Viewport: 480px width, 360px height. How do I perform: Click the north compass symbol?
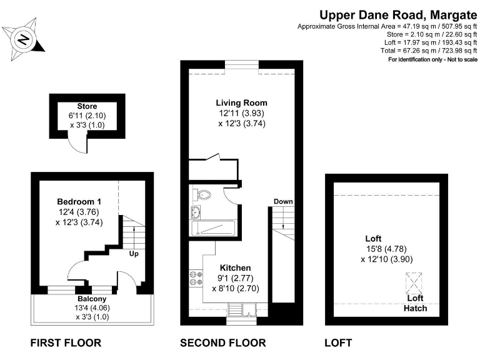tap(22, 39)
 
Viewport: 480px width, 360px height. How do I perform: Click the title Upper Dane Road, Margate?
tap(398, 14)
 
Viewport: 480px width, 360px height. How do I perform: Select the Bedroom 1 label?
tap(79, 202)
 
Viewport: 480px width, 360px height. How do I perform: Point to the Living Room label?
tap(241, 103)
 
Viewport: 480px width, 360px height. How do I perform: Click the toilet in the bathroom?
tap(203, 194)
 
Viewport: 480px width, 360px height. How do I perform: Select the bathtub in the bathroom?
tap(213, 228)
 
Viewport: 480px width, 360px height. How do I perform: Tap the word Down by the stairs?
tap(282, 201)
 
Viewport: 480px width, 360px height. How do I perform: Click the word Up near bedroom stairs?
tap(133, 254)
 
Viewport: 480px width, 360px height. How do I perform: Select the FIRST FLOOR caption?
tap(66, 342)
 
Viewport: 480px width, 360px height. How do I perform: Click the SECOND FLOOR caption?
tap(222, 342)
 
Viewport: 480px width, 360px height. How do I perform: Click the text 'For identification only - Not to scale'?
tap(432, 59)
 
